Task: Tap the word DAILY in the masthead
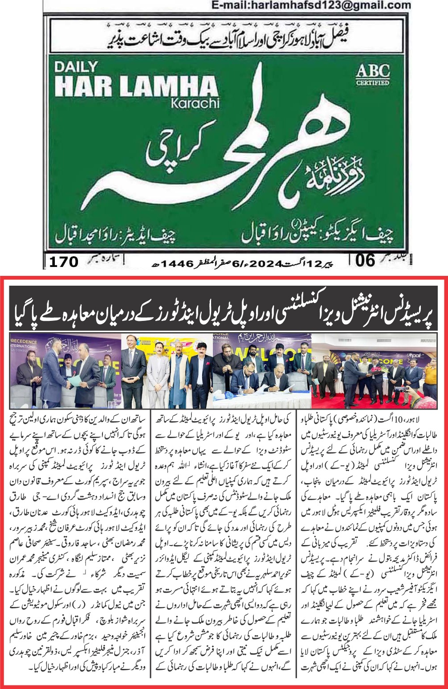pos(76,67)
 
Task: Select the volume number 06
pos(365,260)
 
